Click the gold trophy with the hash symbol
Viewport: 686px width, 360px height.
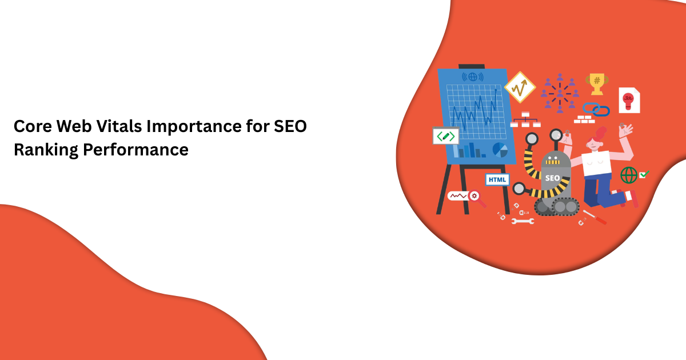(597, 83)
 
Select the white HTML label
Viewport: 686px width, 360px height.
(497, 179)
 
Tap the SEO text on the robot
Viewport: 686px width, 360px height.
(553, 178)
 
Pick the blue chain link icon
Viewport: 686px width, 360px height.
(596, 109)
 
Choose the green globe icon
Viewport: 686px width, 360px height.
(629, 175)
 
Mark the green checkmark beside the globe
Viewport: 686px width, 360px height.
(644, 174)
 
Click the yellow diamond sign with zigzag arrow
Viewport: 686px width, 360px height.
(520, 87)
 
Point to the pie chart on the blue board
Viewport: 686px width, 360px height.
(500, 150)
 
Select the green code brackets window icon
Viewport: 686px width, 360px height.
(445, 136)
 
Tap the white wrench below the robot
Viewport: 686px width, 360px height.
(523, 221)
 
